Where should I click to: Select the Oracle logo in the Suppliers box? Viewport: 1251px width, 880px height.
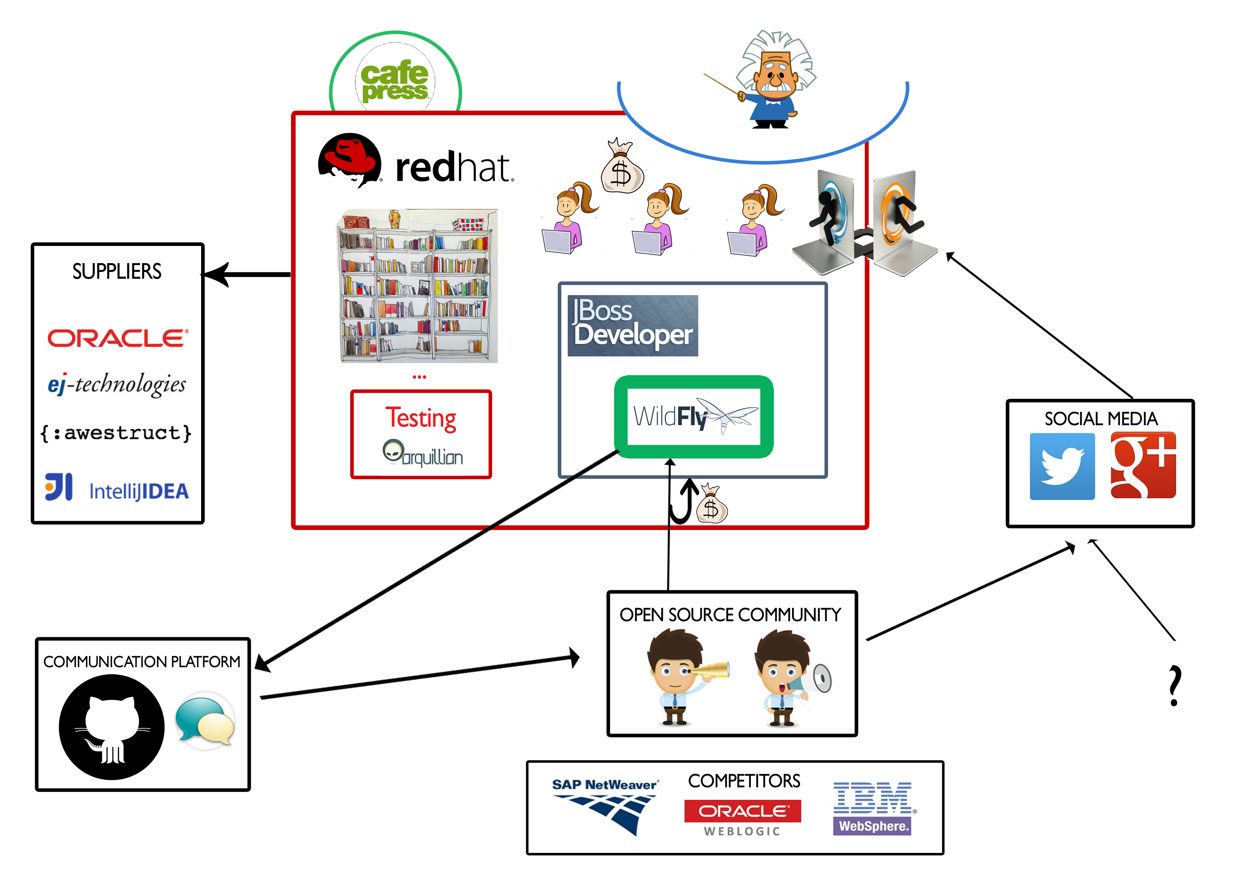[118, 338]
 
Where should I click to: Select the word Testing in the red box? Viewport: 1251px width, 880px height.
[421, 418]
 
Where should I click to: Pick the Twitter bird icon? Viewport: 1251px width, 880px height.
[1062, 466]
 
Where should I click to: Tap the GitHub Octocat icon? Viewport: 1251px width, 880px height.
[112, 727]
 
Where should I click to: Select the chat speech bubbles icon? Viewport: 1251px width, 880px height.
[205, 720]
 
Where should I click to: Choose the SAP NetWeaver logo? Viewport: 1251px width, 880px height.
[605, 806]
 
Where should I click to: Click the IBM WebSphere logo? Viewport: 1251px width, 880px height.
[872, 808]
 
